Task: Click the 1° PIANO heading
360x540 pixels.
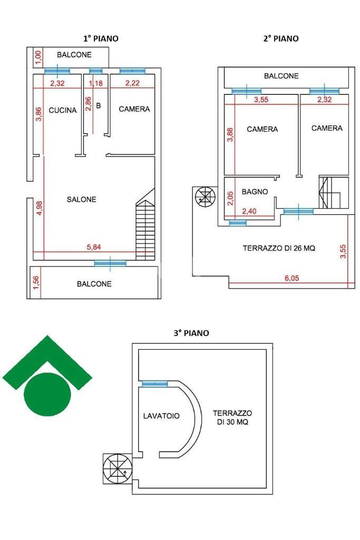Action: coord(101,38)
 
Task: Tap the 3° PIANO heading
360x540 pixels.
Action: coord(191,333)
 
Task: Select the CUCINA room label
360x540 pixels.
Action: coord(63,110)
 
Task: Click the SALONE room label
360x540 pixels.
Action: coord(82,199)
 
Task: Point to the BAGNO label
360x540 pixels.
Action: coord(255,192)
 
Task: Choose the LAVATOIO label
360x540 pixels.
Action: coord(161,416)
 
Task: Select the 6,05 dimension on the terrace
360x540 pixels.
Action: coord(291,279)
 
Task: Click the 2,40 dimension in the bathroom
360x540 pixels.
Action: coord(249,211)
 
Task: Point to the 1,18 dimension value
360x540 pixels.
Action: coord(95,83)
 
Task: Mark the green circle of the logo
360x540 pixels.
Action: coord(47,394)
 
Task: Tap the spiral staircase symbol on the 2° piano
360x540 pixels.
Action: coord(205,198)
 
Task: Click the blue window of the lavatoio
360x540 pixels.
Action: coord(154,384)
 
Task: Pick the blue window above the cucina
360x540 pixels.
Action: coord(57,71)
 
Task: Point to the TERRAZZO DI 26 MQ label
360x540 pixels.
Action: coord(279,248)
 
